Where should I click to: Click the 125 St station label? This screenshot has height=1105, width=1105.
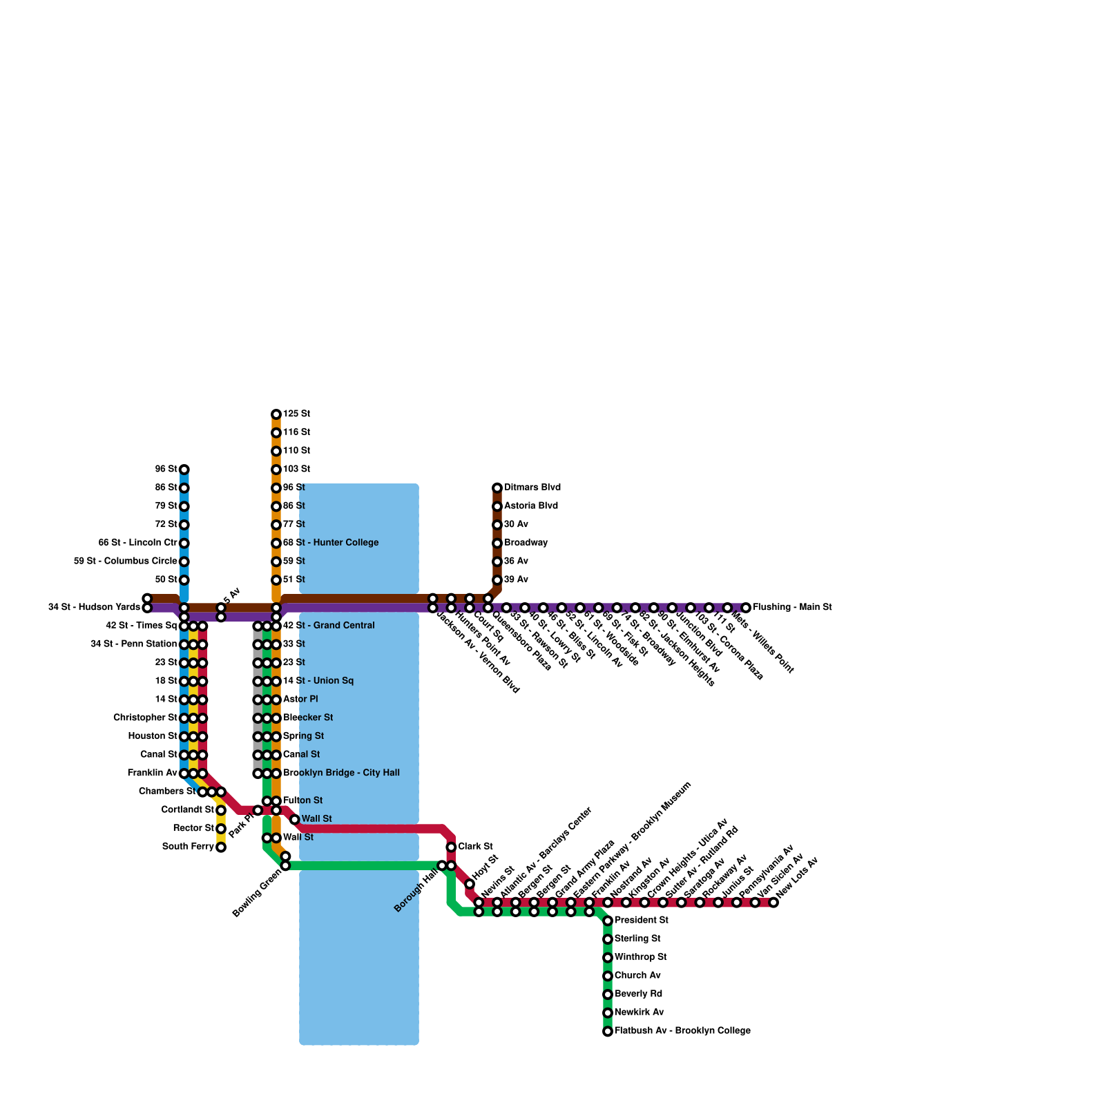[297, 414]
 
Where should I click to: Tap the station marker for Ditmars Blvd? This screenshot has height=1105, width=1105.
[497, 488]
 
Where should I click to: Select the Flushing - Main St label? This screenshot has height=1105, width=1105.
[792, 608]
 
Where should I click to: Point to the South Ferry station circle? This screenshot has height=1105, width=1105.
[221, 847]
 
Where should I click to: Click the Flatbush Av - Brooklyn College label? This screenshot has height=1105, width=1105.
[682, 1031]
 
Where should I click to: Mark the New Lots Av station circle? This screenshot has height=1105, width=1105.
[773, 903]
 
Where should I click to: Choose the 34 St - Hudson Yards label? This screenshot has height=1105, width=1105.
[94, 608]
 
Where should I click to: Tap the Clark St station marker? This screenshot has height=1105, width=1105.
[451, 847]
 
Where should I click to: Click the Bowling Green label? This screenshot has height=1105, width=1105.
[257, 894]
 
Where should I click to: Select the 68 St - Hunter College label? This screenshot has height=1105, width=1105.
[331, 543]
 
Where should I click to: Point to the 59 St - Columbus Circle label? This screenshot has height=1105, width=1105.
[126, 561]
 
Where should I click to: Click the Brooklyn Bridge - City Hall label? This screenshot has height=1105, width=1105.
[341, 773]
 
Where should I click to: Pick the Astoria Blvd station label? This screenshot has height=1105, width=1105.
[531, 506]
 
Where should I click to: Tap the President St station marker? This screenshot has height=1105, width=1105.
[608, 921]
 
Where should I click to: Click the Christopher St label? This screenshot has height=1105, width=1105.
[146, 718]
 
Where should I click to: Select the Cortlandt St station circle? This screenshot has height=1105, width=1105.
[221, 811]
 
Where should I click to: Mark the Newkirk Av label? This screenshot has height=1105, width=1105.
[639, 1012]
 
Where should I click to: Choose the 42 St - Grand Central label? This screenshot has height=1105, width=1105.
[329, 626]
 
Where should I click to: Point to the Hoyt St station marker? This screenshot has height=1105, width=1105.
[470, 884]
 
